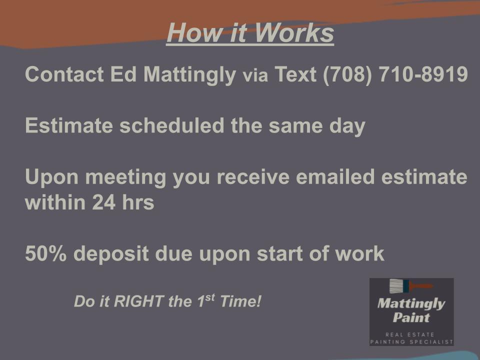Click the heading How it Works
tap(250, 33)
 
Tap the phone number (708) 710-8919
tap(395, 74)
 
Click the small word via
tap(255, 75)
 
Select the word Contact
tap(64, 74)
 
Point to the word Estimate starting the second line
tap(69, 125)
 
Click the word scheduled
tap(171, 125)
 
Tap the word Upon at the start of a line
tap(51, 178)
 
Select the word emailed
tap(335, 176)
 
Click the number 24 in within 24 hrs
tap(104, 202)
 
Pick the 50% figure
tap(45, 254)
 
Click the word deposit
tap(111, 254)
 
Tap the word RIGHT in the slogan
tap(138, 301)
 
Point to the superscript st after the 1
tap(210, 297)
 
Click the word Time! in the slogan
tap(240, 301)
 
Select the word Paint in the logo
tap(411, 317)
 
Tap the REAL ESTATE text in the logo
tap(410, 334)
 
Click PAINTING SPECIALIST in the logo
tap(411, 341)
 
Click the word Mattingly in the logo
tap(411, 304)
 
